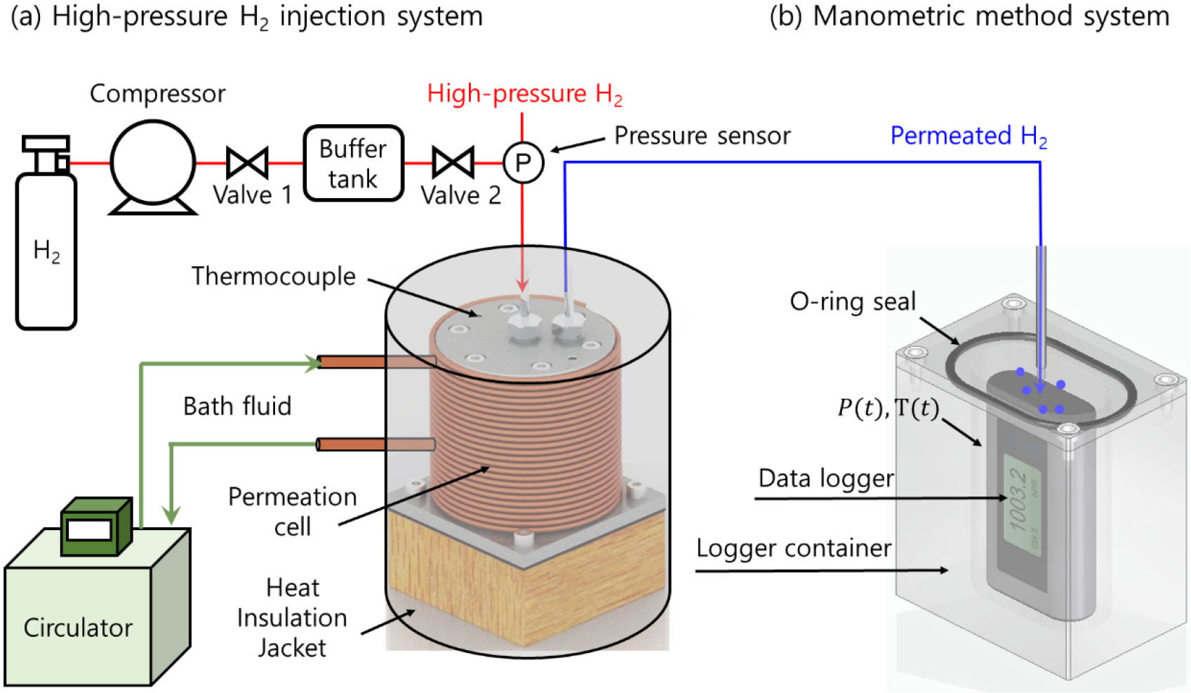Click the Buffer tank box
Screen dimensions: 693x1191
point(353,164)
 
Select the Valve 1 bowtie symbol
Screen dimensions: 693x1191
point(247,163)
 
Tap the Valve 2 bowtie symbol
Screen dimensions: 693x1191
point(453,163)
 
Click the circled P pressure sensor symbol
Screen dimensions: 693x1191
point(523,163)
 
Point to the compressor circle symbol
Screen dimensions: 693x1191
point(153,162)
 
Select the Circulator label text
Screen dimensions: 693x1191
point(78,628)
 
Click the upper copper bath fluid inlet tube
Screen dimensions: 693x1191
point(375,362)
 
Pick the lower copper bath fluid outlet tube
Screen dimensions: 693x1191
point(375,444)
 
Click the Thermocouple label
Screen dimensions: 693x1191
point(274,277)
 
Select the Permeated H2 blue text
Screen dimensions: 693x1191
point(969,136)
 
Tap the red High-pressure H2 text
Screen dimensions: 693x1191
point(524,94)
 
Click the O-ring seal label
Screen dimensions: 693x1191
point(853,302)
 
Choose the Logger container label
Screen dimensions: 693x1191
point(794,548)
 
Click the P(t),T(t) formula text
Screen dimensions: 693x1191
point(888,408)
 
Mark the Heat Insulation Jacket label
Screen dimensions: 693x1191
point(292,618)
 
